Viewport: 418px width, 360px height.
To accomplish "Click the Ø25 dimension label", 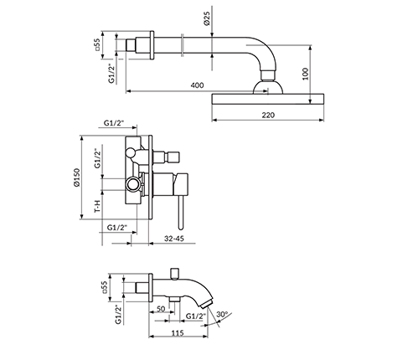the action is click(207, 19).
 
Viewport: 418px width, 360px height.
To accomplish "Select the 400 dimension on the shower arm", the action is click(197, 85).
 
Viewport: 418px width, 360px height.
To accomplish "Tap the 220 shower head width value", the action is click(268, 115).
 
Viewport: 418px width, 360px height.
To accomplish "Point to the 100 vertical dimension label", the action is click(306, 74).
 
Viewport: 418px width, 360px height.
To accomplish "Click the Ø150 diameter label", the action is click(77, 177).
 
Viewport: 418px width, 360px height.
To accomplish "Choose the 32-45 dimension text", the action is click(174, 239).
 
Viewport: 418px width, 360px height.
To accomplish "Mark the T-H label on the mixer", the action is click(97, 206).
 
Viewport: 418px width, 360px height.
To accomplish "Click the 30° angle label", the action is click(222, 314).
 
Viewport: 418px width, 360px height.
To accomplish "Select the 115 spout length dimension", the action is click(178, 333).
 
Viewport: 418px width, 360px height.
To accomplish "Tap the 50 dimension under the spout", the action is click(161, 309).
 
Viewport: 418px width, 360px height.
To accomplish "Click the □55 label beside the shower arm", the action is click(97, 44).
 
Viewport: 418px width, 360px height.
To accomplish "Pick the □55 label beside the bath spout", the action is click(105, 287).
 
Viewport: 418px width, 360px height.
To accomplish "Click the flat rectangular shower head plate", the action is click(268, 99).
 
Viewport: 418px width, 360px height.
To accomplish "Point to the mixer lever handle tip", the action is click(181, 227).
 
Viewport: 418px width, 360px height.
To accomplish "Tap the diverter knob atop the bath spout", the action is click(174, 274).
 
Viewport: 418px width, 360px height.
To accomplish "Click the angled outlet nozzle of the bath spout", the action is click(207, 303).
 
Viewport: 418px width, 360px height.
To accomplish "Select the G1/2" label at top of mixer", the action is click(114, 123).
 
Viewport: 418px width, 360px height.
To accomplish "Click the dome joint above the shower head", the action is click(268, 87).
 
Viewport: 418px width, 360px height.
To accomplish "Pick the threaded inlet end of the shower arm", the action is click(131, 45).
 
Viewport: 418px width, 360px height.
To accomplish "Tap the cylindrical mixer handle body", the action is click(180, 184).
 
